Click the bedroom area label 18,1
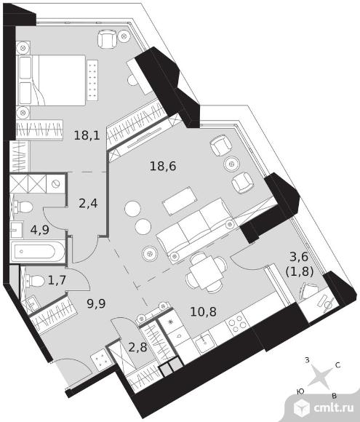(87, 135)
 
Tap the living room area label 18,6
(163, 166)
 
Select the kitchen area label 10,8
(204, 311)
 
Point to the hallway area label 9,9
(96, 303)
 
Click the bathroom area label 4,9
(40, 230)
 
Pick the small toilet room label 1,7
(57, 280)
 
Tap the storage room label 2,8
(137, 347)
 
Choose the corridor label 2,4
(88, 203)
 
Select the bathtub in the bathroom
(37, 252)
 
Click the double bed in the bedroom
(51, 80)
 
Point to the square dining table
(206, 272)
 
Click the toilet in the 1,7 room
(35, 282)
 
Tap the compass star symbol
(320, 375)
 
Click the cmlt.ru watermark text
(334, 407)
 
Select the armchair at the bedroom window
(108, 39)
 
